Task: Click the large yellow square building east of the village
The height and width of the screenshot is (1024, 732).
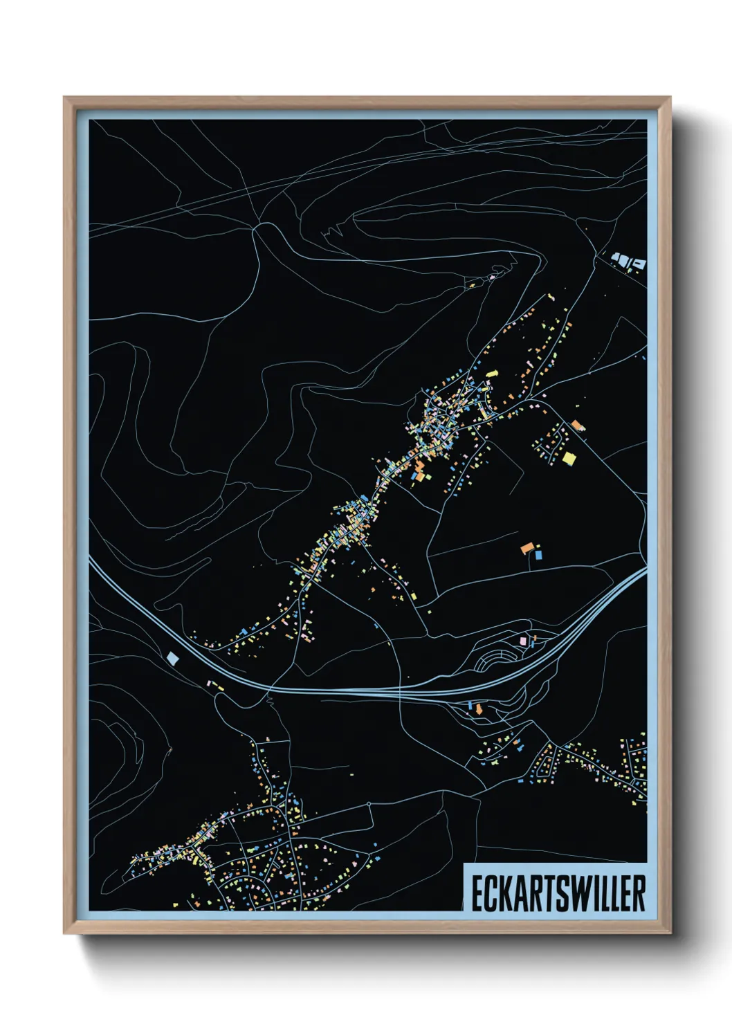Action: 569,457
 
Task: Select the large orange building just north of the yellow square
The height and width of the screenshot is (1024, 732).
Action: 576,425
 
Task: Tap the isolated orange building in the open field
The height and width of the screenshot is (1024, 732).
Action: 527,548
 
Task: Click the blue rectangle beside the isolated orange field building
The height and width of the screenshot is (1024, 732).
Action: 539,554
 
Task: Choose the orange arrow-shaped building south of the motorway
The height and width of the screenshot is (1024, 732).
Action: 477,708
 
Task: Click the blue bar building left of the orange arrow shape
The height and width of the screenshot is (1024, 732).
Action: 470,705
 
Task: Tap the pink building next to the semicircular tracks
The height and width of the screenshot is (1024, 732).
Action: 524,641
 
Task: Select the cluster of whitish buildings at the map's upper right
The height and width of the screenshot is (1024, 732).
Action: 627,262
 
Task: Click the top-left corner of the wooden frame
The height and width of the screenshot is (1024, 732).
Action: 64,98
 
